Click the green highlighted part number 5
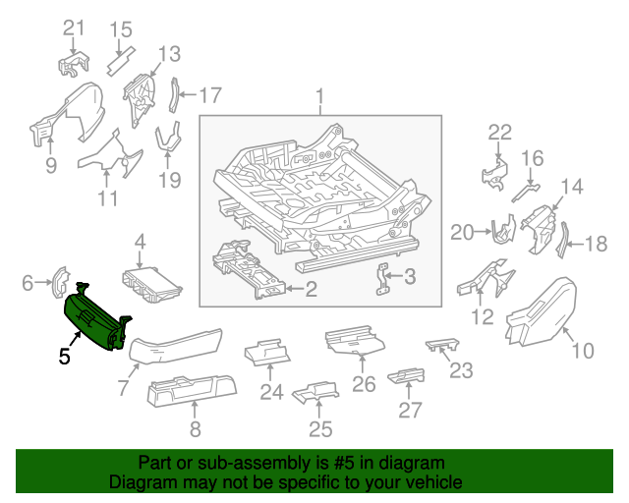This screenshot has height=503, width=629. pyautogui.click(x=93, y=319)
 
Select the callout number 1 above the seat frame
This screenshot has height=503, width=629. pyautogui.click(x=319, y=96)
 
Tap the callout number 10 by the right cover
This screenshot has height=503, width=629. pyautogui.click(x=583, y=350)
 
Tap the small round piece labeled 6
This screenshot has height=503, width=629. pyautogui.click(x=58, y=281)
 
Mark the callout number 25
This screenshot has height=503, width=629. pyautogui.click(x=320, y=428)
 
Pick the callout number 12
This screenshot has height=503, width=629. pyautogui.click(x=483, y=316)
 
